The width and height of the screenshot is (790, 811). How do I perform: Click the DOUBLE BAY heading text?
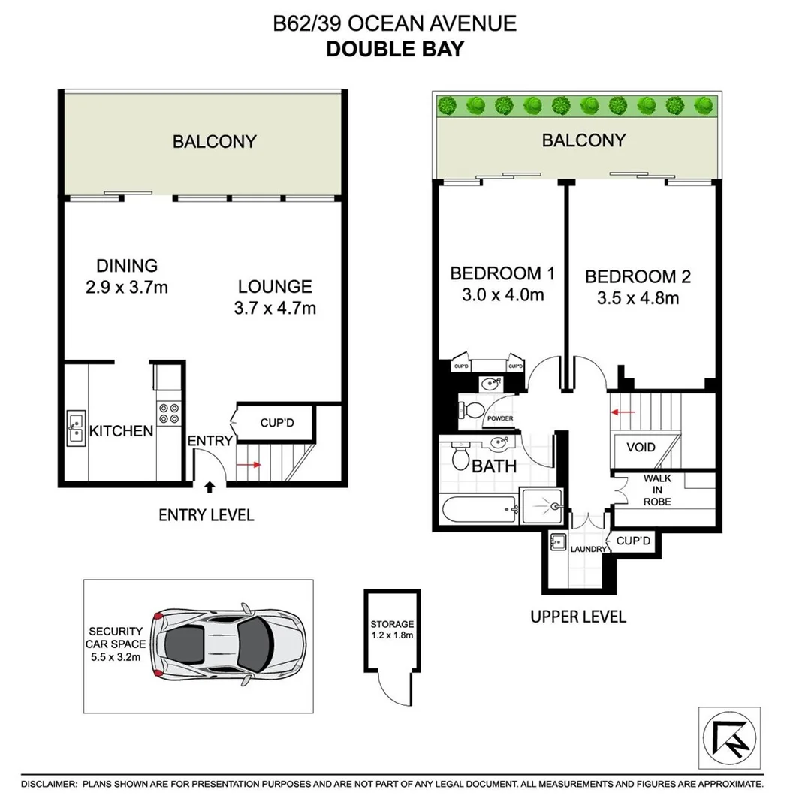(394, 50)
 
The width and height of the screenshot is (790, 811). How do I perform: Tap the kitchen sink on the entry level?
(76, 429)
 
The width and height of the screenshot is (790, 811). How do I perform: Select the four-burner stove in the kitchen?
(168, 415)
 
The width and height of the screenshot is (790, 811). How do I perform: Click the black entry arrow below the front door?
(209, 487)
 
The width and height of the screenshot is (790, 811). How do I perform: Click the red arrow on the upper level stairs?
(623, 412)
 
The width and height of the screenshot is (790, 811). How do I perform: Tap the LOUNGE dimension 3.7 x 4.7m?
(275, 308)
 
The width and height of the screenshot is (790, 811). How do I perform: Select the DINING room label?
(127, 266)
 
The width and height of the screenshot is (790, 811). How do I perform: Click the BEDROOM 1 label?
(496, 273)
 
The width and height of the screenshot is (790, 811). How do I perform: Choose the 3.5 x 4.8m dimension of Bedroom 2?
(638, 298)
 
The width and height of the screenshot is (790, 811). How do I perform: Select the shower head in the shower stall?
(555, 507)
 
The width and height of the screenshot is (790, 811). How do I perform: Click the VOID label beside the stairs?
(640, 448)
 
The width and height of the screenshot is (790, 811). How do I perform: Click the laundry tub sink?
(559, 542)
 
